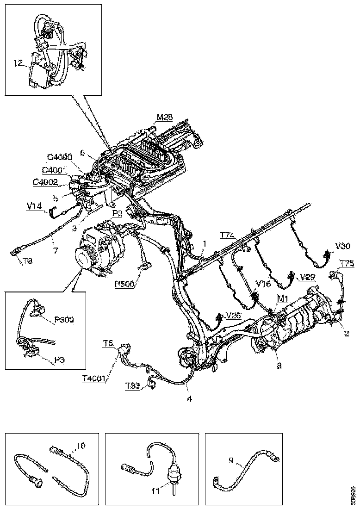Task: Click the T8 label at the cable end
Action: [x=15, y=261]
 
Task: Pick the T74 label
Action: [x=227, y=235]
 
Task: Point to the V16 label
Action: [x=264, y=283]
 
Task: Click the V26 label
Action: [x=233, y=316]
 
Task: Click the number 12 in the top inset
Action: [x=18, y=63]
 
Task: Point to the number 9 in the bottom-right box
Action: [x=231, y=460]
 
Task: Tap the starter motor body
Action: [x=301, y=319]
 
